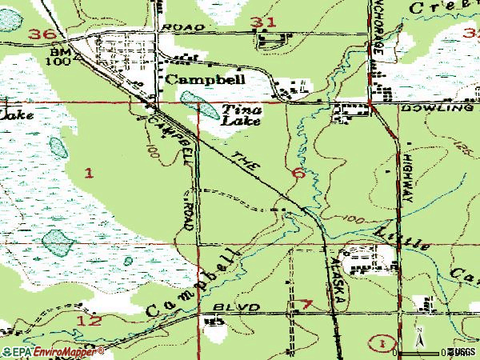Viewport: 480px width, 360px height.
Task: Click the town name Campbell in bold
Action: pos(205,80)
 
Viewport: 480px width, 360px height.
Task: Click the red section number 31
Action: pos(261,22)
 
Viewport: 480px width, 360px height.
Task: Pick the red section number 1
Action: pos(88,171)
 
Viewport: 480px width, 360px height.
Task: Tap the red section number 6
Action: pos(298,173)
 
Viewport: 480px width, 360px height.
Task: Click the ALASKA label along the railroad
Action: pos(336,279)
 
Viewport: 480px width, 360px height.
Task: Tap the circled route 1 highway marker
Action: pos(384,342)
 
